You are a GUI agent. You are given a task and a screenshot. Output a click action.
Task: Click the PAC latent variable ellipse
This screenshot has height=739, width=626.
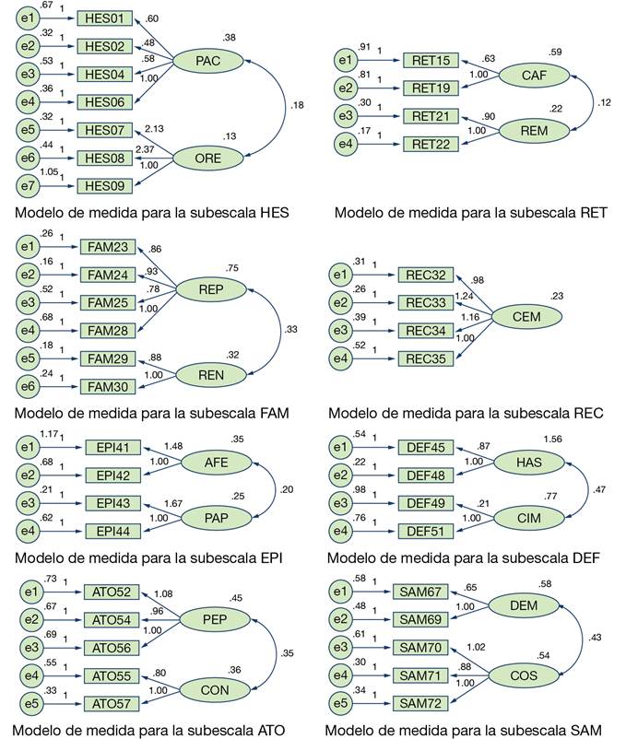point(207,61)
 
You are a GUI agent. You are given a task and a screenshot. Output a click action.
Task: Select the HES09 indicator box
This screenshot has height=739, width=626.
point(105,186)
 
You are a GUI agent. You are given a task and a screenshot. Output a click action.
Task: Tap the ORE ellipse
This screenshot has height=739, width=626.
point(207,158)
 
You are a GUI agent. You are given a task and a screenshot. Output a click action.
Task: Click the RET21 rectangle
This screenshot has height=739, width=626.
point(431,116)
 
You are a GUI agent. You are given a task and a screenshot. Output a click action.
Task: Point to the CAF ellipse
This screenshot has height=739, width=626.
point(534,75)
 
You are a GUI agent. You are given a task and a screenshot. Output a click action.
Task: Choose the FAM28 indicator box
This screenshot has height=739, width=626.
point(108,331)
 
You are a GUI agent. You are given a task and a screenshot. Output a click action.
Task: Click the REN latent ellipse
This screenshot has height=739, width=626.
point(211,375)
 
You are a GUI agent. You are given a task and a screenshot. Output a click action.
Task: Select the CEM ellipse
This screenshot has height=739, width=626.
point(526,317)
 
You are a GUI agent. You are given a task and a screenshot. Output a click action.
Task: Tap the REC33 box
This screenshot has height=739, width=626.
point(426,302)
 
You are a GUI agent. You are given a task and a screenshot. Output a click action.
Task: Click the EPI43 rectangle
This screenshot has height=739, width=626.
point(112,503)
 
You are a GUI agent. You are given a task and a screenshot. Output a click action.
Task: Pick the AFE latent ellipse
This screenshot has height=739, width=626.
point(217,463)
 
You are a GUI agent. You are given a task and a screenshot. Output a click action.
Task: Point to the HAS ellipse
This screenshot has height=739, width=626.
point(529,463)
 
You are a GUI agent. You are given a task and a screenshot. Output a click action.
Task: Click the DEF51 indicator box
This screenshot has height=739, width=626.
point(426,531)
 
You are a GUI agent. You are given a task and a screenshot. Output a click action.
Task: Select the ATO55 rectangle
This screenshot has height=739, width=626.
point(112,675)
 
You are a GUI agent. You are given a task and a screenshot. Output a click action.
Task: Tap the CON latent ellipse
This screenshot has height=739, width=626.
point(215,690)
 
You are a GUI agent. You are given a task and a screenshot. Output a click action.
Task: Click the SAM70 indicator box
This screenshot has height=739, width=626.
point(420,648)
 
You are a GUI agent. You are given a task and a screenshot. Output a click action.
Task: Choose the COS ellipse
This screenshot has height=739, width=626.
point(524,675)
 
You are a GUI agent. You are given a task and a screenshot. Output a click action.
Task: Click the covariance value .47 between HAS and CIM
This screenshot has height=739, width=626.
point(599,489)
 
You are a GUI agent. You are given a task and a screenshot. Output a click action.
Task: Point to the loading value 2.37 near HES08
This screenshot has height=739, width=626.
point(145,149)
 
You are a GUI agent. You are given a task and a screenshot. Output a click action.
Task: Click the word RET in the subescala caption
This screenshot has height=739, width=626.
point(594,213)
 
